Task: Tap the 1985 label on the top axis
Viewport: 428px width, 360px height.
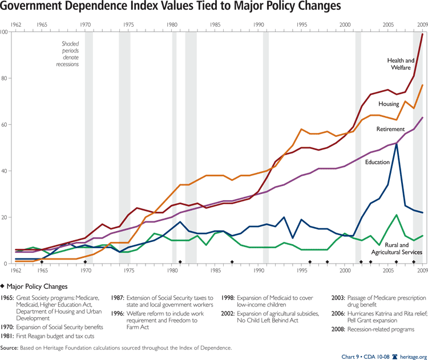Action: pos(215,25)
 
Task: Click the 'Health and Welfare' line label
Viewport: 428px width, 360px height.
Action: pos(401,64)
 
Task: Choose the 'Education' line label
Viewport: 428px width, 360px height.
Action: pos(377,162)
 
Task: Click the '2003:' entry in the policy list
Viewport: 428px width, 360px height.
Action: pos(341,298)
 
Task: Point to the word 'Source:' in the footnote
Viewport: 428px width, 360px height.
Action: pos(10,347)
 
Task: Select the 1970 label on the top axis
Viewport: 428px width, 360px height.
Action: pos(85,25)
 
